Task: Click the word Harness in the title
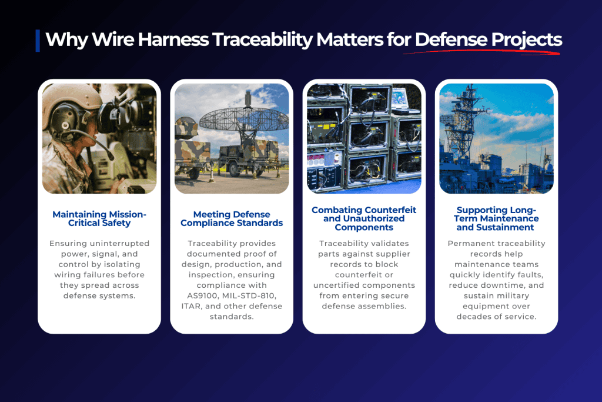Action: [173, 39]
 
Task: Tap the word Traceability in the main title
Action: [263, 40]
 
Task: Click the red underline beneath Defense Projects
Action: [481, 51]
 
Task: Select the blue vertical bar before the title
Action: [38, 41]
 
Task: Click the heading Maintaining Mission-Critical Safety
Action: [99, 219]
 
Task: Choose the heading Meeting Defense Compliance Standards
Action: [232, 219]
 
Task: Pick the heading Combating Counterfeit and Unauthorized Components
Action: [364, 219]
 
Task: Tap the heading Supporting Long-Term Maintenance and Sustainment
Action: [496, 219]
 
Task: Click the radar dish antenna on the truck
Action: [244, 119]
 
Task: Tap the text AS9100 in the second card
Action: [202, 296]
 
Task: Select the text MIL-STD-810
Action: [249, 296]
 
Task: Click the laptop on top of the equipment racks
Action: [404, 101]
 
